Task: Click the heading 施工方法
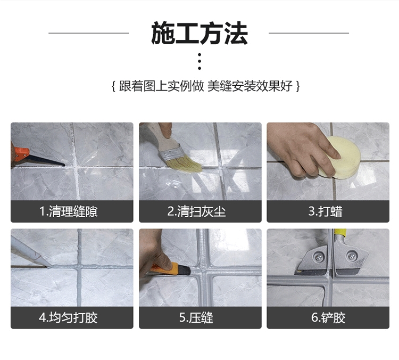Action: click(x=199, y=34)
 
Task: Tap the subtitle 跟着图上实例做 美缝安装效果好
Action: click(x=206, y=86)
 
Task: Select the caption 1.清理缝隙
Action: click(x=69, y=211)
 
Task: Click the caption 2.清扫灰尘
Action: click(x=196, y=211)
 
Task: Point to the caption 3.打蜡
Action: click(x=326, y=211)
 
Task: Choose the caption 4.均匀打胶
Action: click(x=68, y=318)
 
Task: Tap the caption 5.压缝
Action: click(x=196, y=318)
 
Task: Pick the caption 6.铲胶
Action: click(x=328, y=318)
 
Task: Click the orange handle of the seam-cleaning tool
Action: click(x=21, y=153)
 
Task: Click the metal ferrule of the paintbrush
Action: click(x=171, y=152)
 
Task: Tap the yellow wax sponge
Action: click(x=341, y=157)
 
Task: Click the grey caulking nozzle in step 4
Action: click(x=31, y=251)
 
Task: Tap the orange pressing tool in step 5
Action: click(x=171, y=269)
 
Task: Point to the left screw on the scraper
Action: click(x=318, y=257)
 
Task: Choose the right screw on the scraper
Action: click(x=351, y=256)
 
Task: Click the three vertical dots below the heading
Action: click(x=199, y=61)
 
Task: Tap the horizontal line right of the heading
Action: click(x=309, y=33)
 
